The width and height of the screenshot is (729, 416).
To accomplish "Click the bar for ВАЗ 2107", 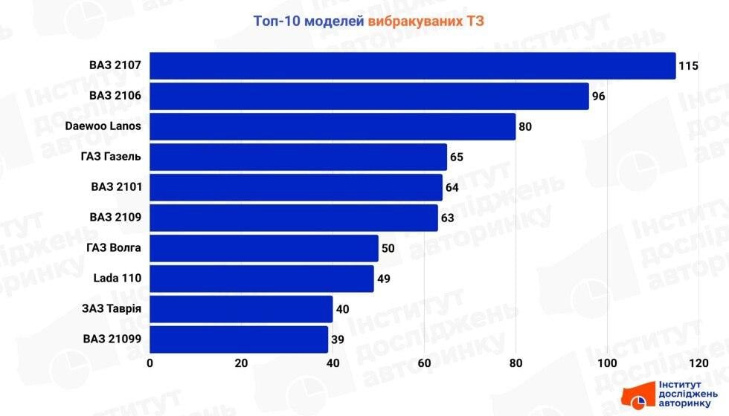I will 413,65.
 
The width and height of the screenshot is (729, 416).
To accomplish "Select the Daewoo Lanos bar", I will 333,126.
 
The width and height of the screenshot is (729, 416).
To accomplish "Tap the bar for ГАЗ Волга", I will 264,248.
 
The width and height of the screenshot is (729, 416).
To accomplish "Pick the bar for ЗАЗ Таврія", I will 241,309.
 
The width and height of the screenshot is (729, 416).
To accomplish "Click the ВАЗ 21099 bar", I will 239,339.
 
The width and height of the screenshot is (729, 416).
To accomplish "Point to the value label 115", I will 688,66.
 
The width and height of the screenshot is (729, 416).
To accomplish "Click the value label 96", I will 600,97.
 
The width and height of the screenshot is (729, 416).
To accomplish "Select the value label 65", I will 457,157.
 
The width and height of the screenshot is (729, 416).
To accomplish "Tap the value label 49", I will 384,279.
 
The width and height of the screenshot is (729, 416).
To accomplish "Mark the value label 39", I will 338,339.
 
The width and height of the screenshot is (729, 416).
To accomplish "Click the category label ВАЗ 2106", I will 115,96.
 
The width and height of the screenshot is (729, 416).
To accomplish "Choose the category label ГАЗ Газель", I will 111,157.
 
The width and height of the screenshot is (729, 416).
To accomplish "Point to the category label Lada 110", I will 118,279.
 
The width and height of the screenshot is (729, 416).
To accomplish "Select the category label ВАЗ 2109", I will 115,218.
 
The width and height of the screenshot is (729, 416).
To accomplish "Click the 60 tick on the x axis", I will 424,363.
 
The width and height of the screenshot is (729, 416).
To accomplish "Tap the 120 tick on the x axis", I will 698,363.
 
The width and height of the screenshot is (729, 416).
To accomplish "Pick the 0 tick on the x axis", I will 150,363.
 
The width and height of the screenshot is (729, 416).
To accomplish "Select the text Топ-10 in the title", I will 272,22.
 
